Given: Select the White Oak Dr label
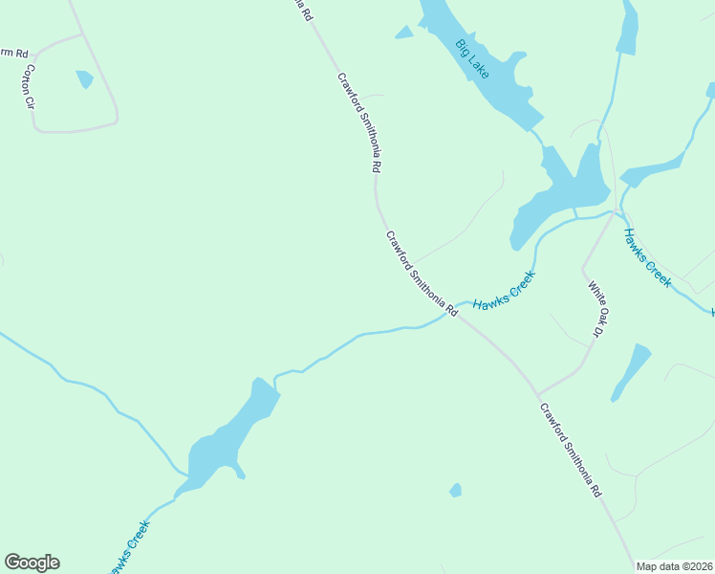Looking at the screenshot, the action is pos(595,308).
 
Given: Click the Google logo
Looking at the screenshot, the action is pos(32,563).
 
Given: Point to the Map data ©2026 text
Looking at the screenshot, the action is pos(675,566).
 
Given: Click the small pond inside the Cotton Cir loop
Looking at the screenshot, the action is pos(85,78).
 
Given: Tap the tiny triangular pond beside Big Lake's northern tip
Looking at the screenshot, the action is pos(404,33).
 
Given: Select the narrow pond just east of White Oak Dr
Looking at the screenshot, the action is pos(631,370).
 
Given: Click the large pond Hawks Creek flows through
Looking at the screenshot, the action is pos(229,435).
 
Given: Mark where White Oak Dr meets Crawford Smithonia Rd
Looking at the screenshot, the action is pos(537,393).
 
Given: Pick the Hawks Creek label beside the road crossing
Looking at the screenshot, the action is pos(504,290).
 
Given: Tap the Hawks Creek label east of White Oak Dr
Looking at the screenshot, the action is pos(647,257).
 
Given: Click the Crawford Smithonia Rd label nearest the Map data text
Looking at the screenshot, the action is pos(570,451).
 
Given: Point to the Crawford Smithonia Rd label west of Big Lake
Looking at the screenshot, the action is pos(359,121).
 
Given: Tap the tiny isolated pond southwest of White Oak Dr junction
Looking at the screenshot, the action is pos(456,490).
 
